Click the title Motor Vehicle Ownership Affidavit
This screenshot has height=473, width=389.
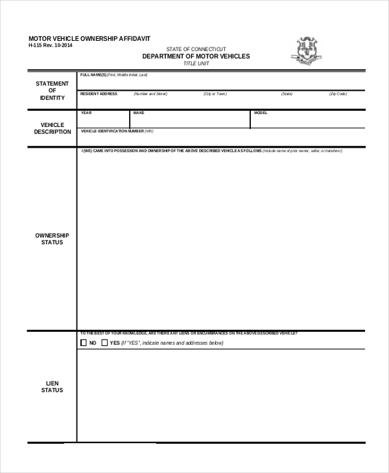click(x=89, y=39)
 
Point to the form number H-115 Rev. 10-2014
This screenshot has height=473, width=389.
click(x=51, y=46)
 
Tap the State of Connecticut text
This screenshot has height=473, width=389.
click(x=196, y=49)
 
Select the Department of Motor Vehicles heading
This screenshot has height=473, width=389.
click(x=196, y=56)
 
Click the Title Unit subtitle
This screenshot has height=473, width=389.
click(x=196, y=63)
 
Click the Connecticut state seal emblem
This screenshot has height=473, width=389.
click(x=308, y=51)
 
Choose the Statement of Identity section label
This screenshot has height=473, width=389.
click(x=53, y=91)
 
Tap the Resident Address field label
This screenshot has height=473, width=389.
click(x=99, y=94)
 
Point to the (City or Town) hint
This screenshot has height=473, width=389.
click(x=215, y=94)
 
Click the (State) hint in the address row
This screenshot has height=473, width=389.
click(x=287, y=94)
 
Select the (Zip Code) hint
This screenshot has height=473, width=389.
click(x=338, y=94)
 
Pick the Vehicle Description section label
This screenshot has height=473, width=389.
click(x=53, y=128)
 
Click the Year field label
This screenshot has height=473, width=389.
click(x=86, y=113)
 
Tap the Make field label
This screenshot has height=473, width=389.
click(x=139, y=113)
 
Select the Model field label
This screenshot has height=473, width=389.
click(x=261, y=113)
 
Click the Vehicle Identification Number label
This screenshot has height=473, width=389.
click(x=117, y=131)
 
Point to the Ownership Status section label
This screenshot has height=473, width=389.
click(x=53, y=239)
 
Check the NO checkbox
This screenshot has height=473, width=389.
click(x=83, y=343)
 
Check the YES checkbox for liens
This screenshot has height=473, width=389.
click(x=104, y=343)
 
